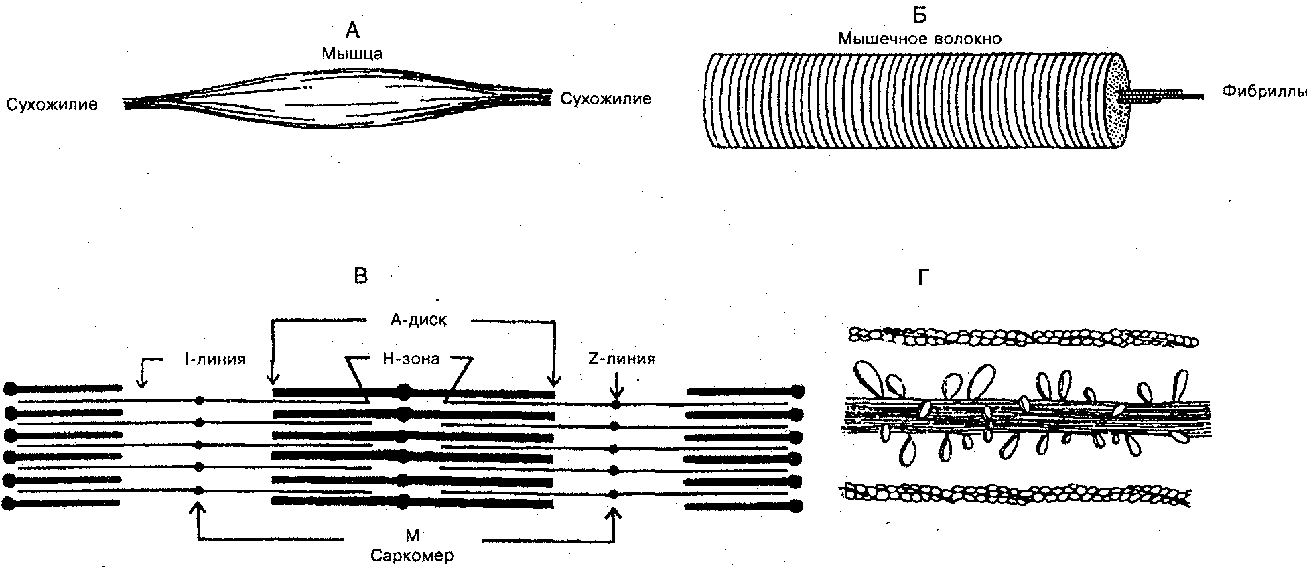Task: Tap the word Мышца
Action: [x=352, y=53]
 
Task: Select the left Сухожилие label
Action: [x=52, y=104]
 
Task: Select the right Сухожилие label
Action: [x=606, y=100]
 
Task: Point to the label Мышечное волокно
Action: [x=920, y=39]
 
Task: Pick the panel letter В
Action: [x=360, y=276]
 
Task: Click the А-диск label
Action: [x=419, y=320]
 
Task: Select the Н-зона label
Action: [x=411, y=359]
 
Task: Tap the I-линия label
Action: [x=215, y=359]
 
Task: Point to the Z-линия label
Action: [x=622, y=359]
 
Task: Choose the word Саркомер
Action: [x=412, y=556]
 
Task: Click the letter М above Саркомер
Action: [x=413, y=535]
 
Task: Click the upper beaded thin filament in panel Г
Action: [x=1024, y=336]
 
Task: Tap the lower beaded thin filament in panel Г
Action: [x=1016, y=494]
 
